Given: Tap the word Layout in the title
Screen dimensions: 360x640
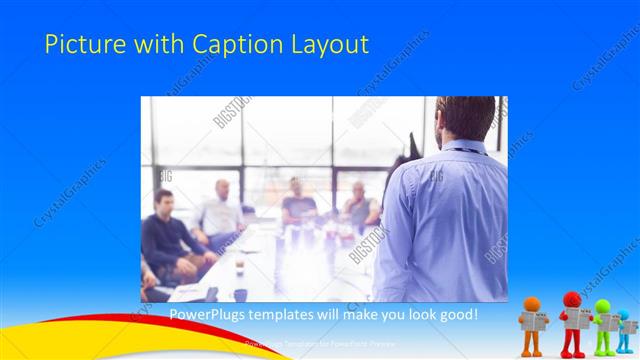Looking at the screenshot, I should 331,45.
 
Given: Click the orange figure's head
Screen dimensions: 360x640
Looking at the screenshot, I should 532,303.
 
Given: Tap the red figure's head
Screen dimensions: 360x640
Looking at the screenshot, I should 572,299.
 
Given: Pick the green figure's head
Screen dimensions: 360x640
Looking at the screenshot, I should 602,306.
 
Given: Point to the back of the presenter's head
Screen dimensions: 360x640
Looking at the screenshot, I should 466,117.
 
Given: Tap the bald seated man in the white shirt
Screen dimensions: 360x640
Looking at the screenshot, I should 221,211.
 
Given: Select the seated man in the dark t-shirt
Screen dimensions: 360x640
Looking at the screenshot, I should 297,205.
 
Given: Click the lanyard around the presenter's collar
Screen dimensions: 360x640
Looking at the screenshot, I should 463,150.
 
